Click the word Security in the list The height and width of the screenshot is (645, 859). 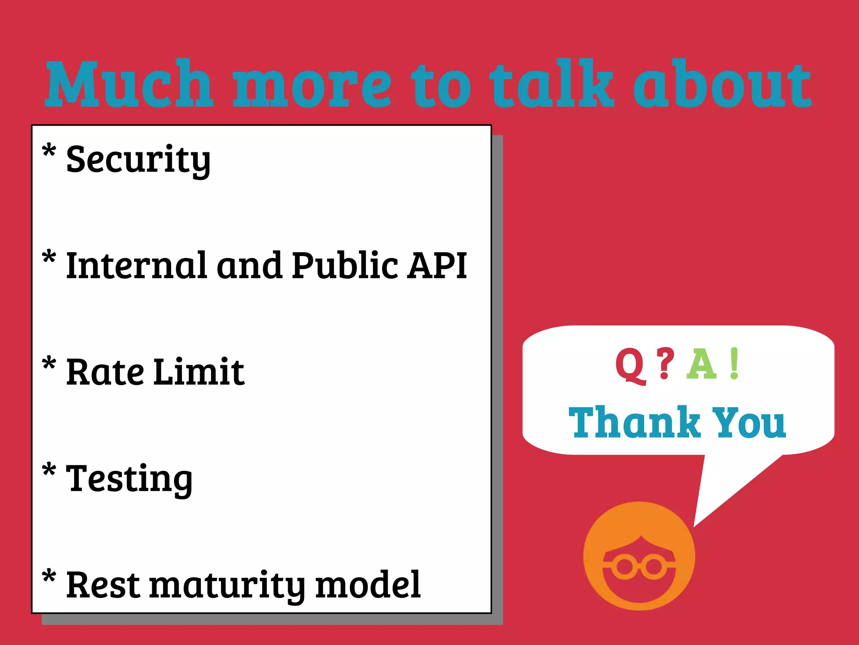coord(138,159)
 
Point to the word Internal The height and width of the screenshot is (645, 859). coord(137,265)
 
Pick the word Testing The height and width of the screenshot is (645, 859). coord(129,479)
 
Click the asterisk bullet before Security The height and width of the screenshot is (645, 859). coord(49,150)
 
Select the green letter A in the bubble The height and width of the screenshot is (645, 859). coord(701,364)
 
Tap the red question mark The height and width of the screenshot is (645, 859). coord(665,363)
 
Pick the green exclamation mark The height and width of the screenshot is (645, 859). coord(734,363)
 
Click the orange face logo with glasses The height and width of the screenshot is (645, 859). coord(639,556)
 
